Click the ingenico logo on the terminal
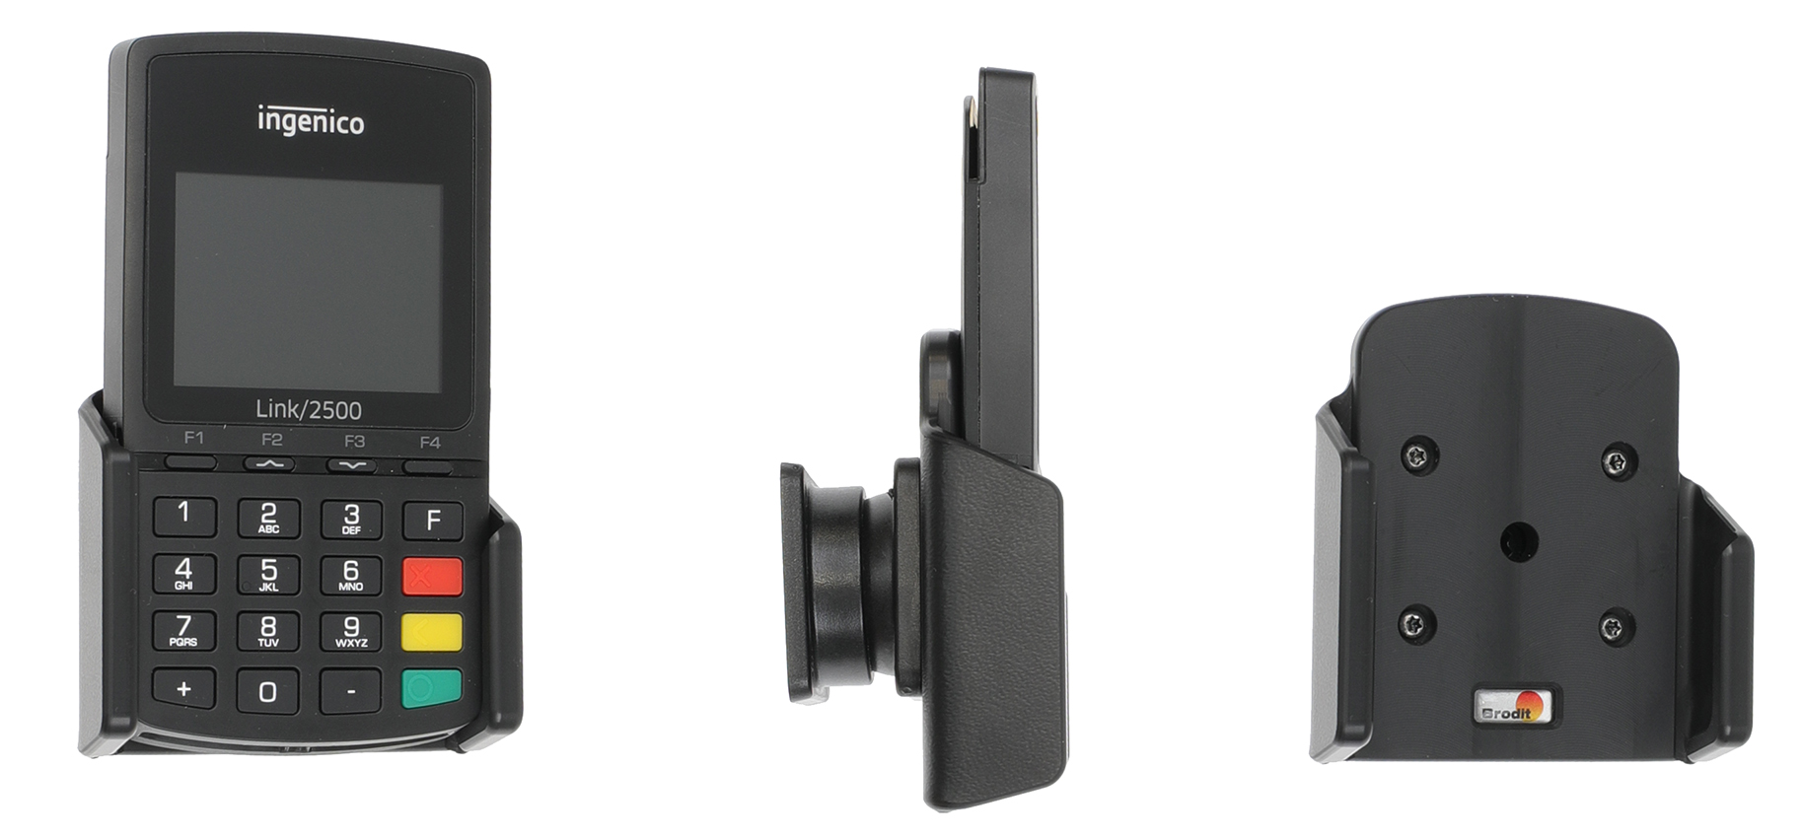point(311,120)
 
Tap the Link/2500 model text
point(309,409)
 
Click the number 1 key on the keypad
point(184,514)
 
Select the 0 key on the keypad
point(267,691)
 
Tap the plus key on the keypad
point(183,688)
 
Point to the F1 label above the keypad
point(193,438)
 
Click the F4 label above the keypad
point(430,442)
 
